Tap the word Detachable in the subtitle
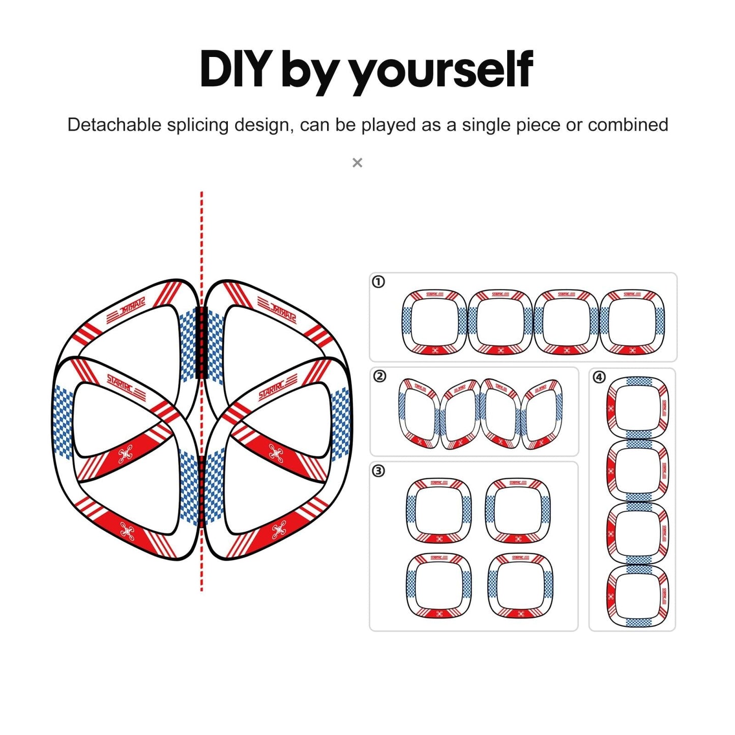[114, 125]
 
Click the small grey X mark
[358, 163]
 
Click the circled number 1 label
[378, 282]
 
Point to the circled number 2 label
[379, 376]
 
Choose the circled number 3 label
[379, 471]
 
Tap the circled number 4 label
[599, 377]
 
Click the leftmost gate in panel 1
[434, 321]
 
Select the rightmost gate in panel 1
[632, 321]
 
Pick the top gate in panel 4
[637, 408]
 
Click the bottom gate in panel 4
[637, 596]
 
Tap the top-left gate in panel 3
[438, 510]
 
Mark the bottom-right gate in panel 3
[520, 585]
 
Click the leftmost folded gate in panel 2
[419, 413]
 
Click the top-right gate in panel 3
[518, 510]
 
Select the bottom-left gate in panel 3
[438, 585]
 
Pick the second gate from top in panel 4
[637, 471]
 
